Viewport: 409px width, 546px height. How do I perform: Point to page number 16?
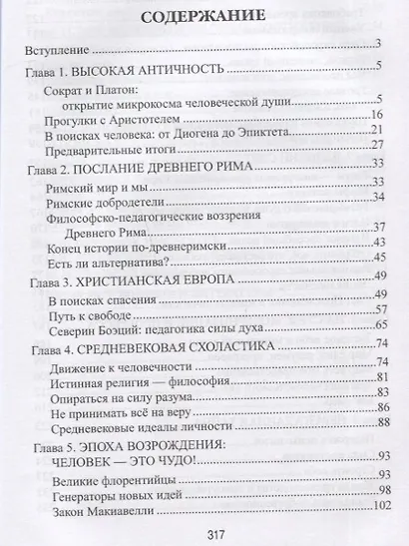(x=377, y=116)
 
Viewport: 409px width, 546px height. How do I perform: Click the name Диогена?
(x=224, y=133)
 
